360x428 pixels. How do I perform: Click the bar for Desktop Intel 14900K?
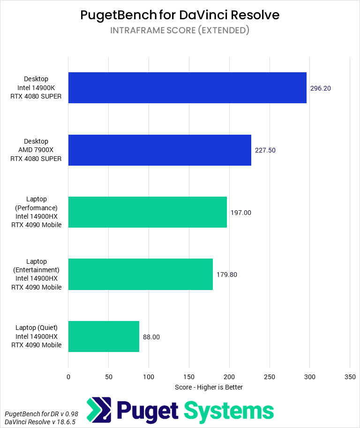187,88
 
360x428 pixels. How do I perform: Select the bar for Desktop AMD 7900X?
159,150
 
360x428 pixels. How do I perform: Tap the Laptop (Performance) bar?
147,212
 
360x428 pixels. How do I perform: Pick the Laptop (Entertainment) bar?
140,274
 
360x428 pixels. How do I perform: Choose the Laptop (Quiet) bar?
104,336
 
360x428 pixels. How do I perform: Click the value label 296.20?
321,88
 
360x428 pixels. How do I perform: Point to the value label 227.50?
265,150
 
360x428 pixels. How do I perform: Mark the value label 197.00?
241,213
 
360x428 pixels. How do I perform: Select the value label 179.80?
227,275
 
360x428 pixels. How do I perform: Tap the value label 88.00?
151,336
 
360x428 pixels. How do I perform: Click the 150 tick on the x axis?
189,376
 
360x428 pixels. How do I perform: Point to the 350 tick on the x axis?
350,376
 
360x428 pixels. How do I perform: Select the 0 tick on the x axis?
68,376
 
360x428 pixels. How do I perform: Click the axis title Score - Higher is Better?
209,387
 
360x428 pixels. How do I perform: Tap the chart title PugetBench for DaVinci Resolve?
180,15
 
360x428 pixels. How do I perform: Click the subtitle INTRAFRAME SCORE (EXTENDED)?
180,31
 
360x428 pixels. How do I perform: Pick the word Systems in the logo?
228,411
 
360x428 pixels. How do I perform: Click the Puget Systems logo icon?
99,410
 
